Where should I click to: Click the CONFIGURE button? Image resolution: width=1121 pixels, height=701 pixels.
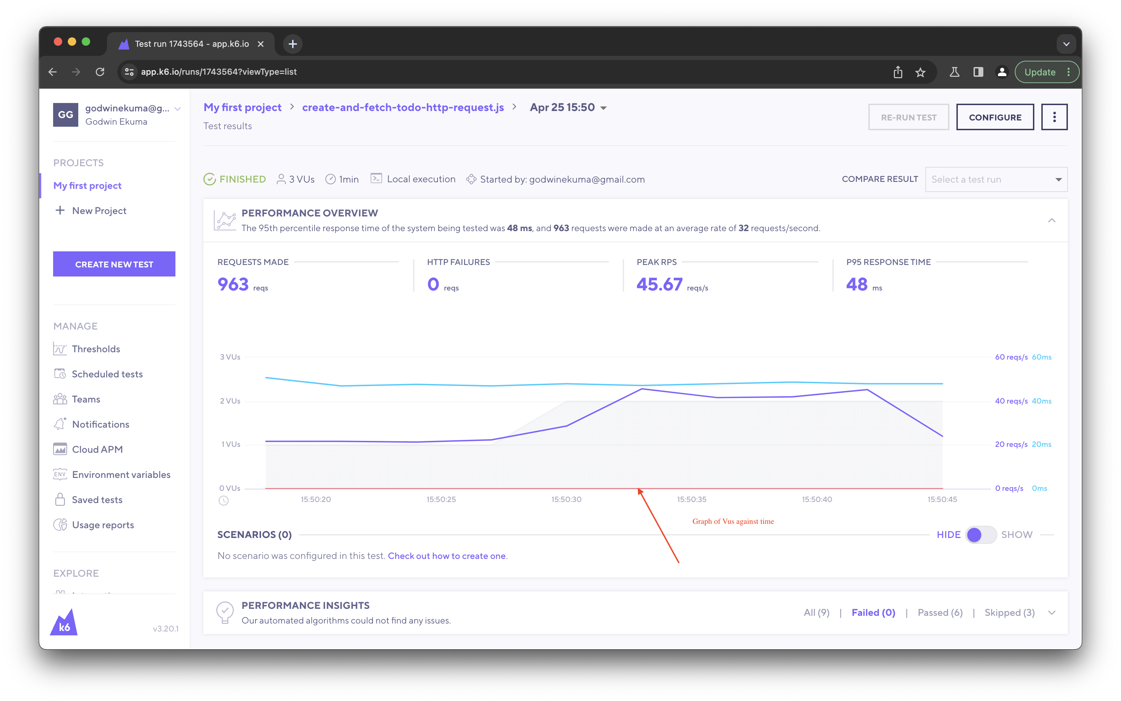(995, 117)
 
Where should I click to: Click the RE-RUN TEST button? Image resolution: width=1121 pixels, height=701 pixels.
(908, 117)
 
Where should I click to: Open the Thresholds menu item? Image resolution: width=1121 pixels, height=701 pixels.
(96, 349)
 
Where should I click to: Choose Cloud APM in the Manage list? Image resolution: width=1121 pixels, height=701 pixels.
(97, 449)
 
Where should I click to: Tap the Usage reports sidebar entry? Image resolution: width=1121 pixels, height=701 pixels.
(102, 525)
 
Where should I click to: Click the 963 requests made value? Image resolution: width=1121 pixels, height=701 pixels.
(233, 284)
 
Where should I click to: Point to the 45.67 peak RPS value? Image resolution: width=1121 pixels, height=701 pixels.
(659, 284)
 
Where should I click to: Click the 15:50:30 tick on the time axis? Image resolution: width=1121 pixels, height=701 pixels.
(566, 499)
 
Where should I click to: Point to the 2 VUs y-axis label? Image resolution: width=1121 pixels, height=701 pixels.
(230, 401)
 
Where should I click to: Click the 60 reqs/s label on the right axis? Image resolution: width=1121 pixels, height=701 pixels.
(1011, 357)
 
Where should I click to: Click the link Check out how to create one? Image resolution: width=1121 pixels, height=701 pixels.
(446, 556)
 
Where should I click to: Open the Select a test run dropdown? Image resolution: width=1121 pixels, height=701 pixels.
(996, 179)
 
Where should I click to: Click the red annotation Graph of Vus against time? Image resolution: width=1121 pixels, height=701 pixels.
(733, 521)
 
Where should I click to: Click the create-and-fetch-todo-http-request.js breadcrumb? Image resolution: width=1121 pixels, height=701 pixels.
(403, 107)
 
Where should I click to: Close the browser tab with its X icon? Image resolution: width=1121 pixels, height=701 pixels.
(261, 44)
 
